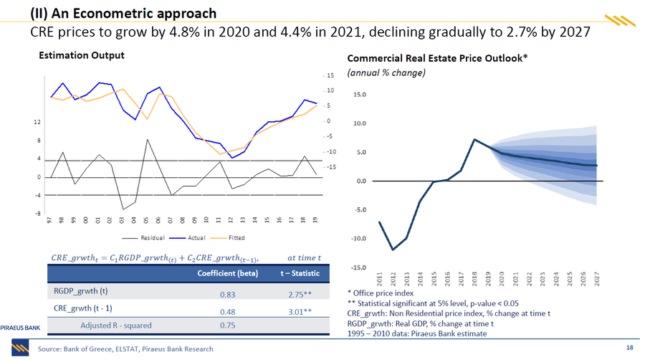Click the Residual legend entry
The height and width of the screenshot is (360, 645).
click(x=150, y=238)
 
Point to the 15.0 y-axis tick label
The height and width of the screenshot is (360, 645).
click(x=360, y=94)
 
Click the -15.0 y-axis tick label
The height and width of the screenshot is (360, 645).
click(x=358, y=267)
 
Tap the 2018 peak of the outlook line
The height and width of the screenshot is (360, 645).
click(x=474, y=139)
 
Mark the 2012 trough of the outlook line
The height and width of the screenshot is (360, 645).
click(x=393, y=250)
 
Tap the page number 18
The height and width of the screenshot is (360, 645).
click(x=629, y=349)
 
